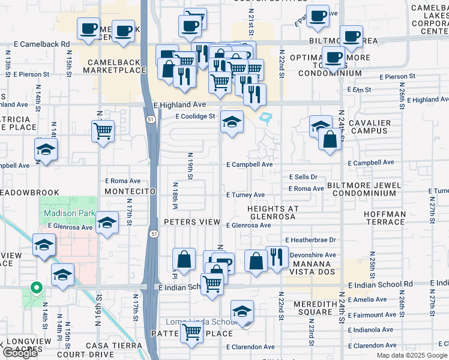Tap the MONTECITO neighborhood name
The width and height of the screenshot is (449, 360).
tap(130, 191)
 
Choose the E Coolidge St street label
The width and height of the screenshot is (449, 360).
tap(194, 116)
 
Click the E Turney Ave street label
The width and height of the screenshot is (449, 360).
tap(246, 195)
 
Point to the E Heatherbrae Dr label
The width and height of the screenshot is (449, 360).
tap(310, 240)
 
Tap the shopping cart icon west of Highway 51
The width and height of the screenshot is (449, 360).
tap(103, 130)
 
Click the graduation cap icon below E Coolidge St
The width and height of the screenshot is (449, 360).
tap(232, 122)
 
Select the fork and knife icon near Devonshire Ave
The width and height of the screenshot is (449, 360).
tap(277, 258)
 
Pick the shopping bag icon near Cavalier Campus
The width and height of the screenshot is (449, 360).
tap(330, 139)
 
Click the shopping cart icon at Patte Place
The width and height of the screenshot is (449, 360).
tap(191, 331)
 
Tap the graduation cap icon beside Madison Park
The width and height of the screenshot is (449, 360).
tap(106, 223)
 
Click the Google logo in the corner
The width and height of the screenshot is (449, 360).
tap(20, 353)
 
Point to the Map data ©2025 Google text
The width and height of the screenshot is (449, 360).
tap(412, 355)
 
